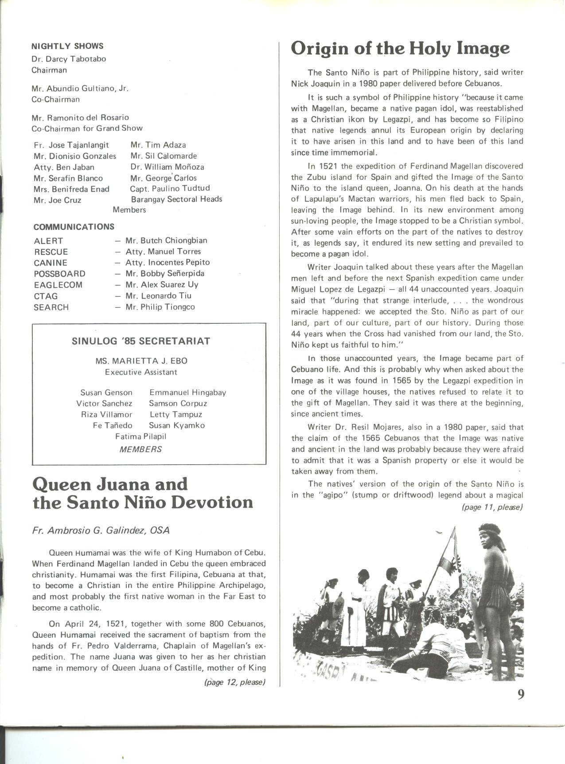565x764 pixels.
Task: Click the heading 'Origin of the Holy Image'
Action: (x=400, y=49)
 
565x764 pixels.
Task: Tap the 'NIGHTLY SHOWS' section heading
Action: (x=67, y=46)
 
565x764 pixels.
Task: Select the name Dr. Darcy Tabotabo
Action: (x=69, y=59)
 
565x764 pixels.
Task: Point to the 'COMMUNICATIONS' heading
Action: (x=74, y=227)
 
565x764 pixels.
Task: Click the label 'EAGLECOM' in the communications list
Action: (x=58, y=285)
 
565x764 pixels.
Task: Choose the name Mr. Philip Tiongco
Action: (x=160, y=307)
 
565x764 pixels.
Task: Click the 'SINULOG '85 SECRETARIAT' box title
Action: (x=141, y=341)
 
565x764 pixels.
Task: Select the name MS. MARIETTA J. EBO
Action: (x=141, y=361)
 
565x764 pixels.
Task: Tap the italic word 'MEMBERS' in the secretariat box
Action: (x=141, y=449)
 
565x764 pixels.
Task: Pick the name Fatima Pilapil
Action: (x=141, y=436)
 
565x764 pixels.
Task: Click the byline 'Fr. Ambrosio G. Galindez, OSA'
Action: (x=101, y=530)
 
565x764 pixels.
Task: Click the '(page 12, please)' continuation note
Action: (x=234, y=682)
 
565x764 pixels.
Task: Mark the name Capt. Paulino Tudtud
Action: (x=170, y=188)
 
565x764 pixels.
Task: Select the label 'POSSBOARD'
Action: (x=59, y=274)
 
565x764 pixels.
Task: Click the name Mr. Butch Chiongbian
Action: (x=166, y=240)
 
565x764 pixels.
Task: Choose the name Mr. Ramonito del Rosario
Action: (x=80, y=117)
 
